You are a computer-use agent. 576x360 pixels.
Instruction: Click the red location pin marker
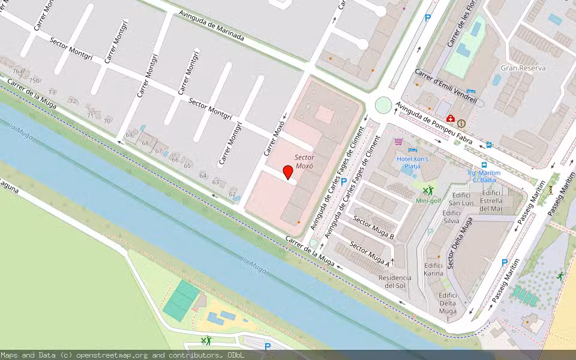(x=288, y=172)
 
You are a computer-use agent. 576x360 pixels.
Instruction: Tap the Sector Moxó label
(x=304, y=161)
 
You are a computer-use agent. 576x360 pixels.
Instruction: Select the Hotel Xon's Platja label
(x=412, y=163)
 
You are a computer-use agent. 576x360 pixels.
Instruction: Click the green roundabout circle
(x=383, y=105)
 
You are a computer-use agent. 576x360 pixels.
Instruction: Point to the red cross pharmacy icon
(x=450, y=119)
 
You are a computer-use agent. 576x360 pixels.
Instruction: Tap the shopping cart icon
(x=398, y=142)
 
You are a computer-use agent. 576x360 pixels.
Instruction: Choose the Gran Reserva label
(x=523, y=68)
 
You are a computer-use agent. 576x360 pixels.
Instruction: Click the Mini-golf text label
(x=429, y=201)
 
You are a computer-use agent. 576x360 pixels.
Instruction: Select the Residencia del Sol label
(x=395, y=281)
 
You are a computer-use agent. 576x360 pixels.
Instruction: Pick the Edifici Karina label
(x=433, y=269)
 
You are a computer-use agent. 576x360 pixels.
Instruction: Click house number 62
(x=232, y=194)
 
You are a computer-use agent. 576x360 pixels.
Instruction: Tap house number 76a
(x=18, y=71)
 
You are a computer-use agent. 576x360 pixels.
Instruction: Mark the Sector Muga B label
(x=373, y=228)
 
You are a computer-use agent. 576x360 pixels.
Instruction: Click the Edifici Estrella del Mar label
(x=491, y=201)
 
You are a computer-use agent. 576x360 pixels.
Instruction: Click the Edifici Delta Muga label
(x=448, y=303)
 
